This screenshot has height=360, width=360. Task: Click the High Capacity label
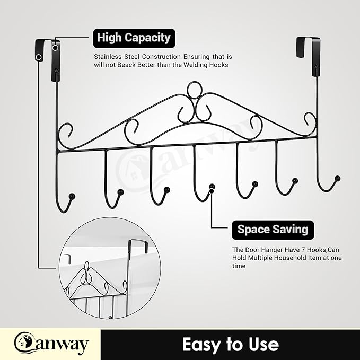[x=134, y=38]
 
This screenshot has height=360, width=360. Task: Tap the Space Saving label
[x=273, y=230]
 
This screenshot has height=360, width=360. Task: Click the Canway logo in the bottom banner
[x=51, y=344]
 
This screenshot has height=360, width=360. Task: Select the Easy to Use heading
[x=231, y=344]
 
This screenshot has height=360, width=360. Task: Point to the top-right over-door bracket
[x=308, y=56]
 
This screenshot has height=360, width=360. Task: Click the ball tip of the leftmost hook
[x=72, y=196]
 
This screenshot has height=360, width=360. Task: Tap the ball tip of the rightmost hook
[x=338, y=178]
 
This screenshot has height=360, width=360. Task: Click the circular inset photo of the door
[x=110, y=268]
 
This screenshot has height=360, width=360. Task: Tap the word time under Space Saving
[x=239, y=266]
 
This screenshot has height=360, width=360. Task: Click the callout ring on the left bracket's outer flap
[x=39, y=57]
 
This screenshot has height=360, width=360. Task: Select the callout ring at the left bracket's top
[x=55, y=48]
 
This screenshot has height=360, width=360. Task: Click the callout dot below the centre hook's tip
[x=212, y=190]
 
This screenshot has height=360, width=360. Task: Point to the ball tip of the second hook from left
[x=120, y=192]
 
